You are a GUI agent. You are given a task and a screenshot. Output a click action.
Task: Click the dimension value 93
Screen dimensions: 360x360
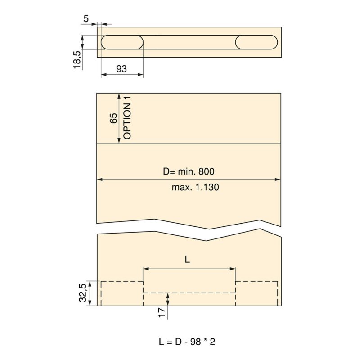pos(121,69)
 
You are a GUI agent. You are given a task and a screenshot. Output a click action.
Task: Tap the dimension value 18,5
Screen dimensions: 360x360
pos(77,60)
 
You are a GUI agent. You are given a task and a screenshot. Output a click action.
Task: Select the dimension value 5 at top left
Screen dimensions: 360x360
pos(86,18)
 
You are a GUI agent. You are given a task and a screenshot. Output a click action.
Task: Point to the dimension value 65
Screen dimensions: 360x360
pos(113,118)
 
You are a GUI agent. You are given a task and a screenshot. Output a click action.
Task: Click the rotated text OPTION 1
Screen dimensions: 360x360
pos(127,117)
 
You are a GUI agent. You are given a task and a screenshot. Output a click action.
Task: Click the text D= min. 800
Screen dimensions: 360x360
pos(189,171)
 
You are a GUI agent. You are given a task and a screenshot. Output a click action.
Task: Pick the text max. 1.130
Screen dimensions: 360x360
pos(195,187)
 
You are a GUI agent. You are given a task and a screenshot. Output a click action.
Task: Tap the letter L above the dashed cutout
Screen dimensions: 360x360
pos(187,260)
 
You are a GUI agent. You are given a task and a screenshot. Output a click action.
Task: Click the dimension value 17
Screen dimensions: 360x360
pos(162,312)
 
